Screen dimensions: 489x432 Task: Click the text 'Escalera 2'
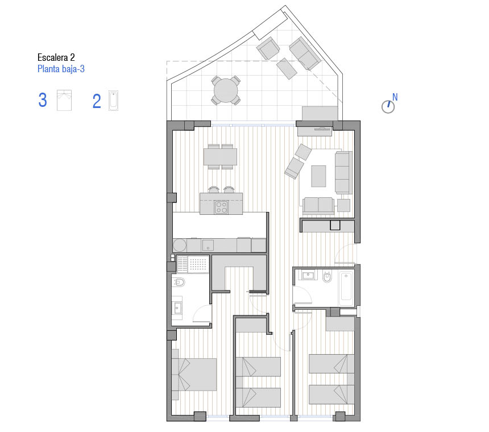pos(56,57)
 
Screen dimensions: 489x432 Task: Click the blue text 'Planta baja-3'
pos(61,69)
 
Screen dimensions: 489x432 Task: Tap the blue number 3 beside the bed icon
pos(43,100)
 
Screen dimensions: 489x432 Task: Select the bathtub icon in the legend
pos(113,101)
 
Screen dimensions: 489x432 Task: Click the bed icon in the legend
pos(64,101)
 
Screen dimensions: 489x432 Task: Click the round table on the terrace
pos(226,90)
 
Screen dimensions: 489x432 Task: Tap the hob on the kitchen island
pos(221,207)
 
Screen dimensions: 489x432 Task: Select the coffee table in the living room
pos(318,176)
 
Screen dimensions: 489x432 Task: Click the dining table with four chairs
pos(220,156)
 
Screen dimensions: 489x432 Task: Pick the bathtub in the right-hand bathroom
pos(346,289)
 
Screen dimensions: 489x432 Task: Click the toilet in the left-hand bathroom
pos(179,283)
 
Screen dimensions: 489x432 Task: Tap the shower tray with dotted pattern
pos(193,264)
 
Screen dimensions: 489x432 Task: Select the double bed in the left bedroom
pos(194,375)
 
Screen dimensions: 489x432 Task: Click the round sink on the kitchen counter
pos(180,246)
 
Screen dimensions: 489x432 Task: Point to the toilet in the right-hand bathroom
pos(327,276)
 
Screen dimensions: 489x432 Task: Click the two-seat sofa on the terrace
pos(305,53)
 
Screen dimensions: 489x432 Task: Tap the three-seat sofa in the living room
pos(343,172)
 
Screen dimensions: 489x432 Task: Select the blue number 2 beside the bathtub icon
pos(97,101)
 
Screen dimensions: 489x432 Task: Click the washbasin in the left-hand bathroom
pos(177,308)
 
